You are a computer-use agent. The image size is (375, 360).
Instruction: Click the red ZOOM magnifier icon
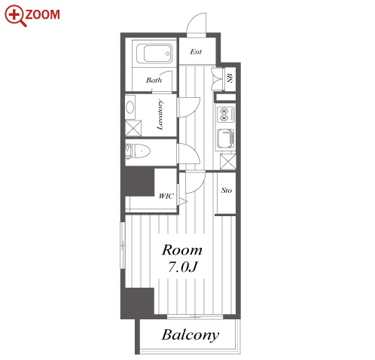[x=16, y=16]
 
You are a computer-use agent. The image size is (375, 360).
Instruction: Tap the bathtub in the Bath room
[x=154, y=53]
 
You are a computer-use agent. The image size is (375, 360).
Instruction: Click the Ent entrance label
[x=196, y=52]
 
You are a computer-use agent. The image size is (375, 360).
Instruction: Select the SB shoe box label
[x=230, y=78]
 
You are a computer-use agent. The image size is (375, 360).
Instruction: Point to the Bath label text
[x=154, y=81]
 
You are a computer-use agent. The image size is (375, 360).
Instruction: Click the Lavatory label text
[x=160, y=114]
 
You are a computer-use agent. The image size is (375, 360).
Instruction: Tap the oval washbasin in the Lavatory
[x=130, y=108]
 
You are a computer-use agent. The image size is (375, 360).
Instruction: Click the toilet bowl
[x=141, y=151]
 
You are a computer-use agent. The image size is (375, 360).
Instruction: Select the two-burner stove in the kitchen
[x=226, y=114]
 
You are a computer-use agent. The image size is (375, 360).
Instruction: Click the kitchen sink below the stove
[x=226, y=139]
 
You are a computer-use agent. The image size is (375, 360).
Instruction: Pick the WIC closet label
[x=166, y=196]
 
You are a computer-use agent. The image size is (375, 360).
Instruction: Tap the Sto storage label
[x=227, y=191]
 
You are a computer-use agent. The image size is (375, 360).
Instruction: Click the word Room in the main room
[x=182, y=250]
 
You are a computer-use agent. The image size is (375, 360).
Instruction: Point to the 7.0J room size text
[x=183, y=267]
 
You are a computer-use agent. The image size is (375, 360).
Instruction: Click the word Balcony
[x=191, y=335]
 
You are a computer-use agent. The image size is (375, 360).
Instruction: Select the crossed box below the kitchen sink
[x=228, y=162]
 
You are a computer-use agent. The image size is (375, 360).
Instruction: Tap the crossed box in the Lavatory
[x=133, y=129]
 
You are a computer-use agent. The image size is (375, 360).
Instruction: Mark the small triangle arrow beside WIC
[x=183, y=202]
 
